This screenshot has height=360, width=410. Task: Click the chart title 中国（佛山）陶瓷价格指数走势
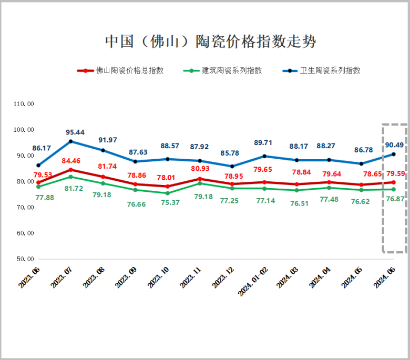coord(210,42)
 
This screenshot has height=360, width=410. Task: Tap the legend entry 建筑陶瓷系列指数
coord(232,70)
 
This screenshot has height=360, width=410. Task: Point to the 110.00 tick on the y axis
coord(24,104)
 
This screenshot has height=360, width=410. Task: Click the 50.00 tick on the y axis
coord(24,259)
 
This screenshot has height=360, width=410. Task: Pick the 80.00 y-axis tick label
coord(24,182)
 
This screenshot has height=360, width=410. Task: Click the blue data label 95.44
coord(75,132)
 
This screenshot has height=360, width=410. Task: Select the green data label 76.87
coord(395,199)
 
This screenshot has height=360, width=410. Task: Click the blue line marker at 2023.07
coord(70,141)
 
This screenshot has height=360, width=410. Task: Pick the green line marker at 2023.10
coord(168,193)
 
